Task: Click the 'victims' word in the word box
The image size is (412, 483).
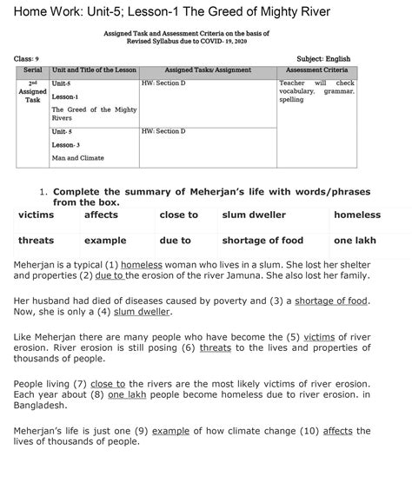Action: click(x=36, y=215)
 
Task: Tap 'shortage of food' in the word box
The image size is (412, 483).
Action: click(x=262, y=241)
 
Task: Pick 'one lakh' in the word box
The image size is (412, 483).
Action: click(x=355, y=241)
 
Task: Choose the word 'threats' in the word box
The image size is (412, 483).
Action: click(x=36, y=241)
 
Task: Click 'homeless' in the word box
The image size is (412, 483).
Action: click(x=357, y=215)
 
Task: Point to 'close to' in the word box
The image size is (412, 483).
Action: click(x=179, y=215)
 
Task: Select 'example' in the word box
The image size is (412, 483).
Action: click(x=105, y=241)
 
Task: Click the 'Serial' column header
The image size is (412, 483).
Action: click(x=32, y=69)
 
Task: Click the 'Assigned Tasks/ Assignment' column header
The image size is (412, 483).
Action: click(x=207, y=69)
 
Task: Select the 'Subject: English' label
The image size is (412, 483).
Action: click(x=323, y=59)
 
